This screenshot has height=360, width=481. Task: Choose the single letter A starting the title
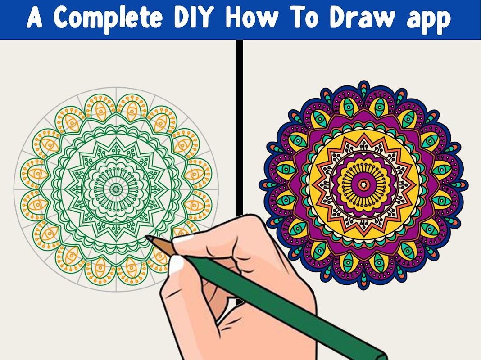coord(34,17)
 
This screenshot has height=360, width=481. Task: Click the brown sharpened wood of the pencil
coord(161,245)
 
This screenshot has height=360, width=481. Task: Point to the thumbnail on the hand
coord(176,264)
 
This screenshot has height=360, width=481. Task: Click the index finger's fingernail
coord(183,238)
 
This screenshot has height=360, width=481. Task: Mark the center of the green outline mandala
coord(116,189)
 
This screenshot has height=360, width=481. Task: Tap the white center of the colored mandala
coord(364,184)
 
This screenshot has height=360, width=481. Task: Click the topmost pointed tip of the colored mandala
coord(364,81)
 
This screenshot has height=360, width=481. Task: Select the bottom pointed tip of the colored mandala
coord(364,288)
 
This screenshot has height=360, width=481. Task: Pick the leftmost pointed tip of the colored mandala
coord(259,185)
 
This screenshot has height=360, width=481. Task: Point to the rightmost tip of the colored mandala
coord(467,185)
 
